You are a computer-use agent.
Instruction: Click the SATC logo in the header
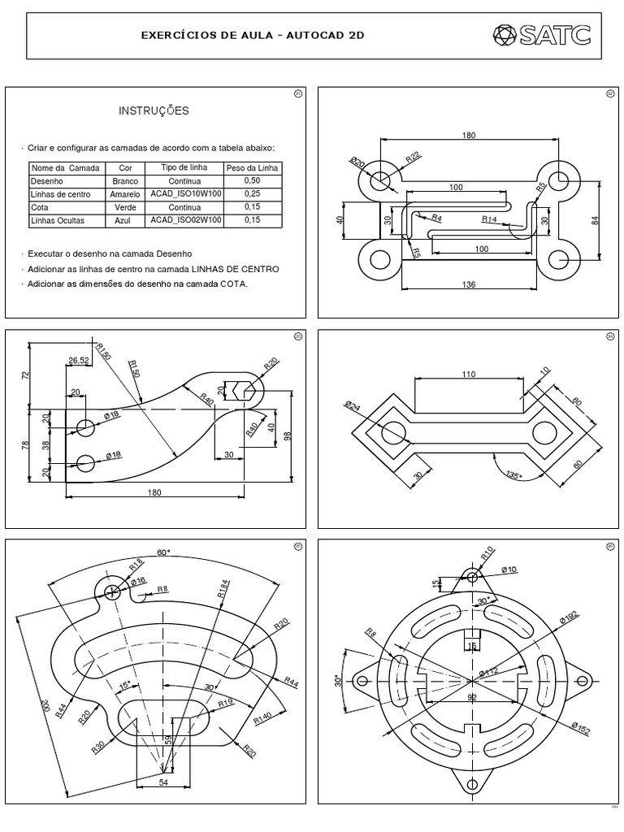(x=541, y=36)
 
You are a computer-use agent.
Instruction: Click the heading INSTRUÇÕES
(x=154, y=110)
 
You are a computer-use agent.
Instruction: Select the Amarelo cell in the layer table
(x=125, y=194)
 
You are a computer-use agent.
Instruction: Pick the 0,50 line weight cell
(x=252, y=180)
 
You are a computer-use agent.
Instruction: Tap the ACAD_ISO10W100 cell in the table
(x=184, y=194)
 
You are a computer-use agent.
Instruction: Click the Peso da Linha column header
(x=252, y=167)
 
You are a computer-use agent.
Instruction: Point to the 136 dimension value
(x=469, y=284)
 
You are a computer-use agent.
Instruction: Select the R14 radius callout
(x=489, y=219)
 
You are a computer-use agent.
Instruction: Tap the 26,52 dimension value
(x=79, y=361)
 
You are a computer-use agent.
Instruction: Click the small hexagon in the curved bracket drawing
(x=245, y=390)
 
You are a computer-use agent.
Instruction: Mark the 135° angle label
(x=512, y=474)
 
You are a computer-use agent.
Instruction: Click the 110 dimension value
(x=467, y=375)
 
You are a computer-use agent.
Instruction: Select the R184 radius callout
(x=223, y=590)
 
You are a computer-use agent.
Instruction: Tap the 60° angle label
(x=163, y=552)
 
